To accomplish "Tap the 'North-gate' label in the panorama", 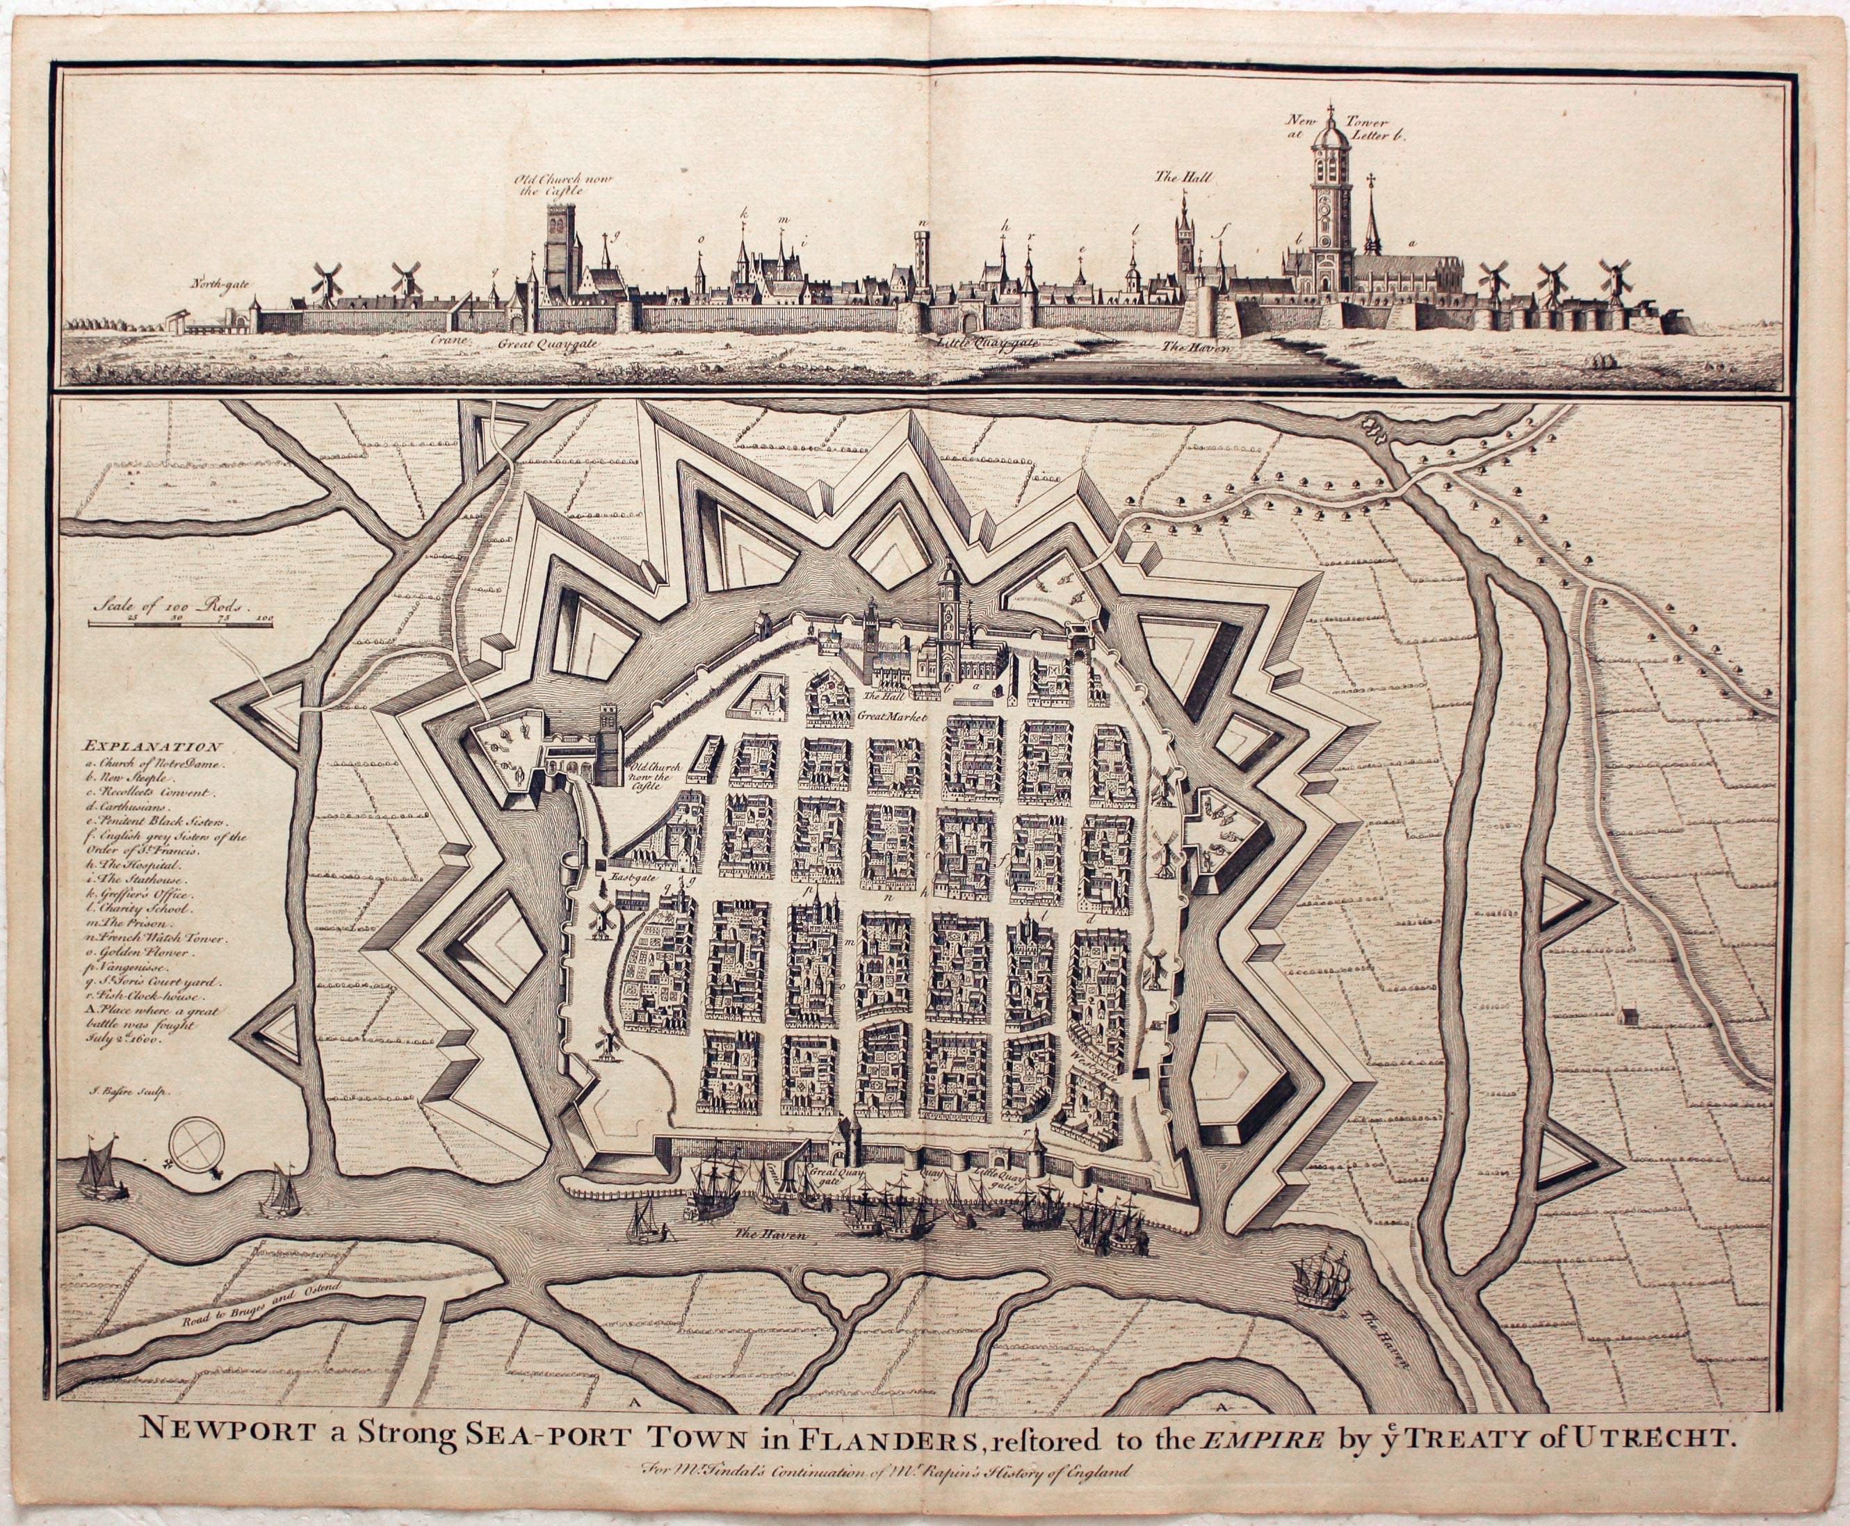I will pyautogui.click(x=222, y=284).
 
